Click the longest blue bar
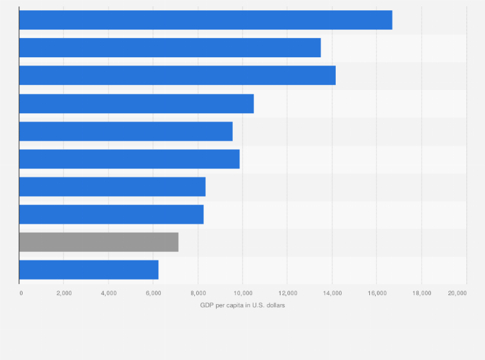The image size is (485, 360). coord(205,20)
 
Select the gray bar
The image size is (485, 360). coord(98,242)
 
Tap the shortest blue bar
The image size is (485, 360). coord(89,270)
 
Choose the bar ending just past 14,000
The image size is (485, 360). coord(177,75)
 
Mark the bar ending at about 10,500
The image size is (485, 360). coord(136,104)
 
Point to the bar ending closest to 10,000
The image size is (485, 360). coord(129,159)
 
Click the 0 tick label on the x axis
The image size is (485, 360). coord(21,293)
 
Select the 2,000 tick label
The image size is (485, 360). coord(64,293)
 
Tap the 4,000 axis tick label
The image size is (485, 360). coord(108,293)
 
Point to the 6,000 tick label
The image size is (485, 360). coord(153,293)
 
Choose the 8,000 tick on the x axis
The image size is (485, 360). coord(197,293)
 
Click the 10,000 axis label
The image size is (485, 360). coord(243,293)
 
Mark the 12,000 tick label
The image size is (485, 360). coord(287,293)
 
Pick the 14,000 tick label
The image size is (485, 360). coord(332,293)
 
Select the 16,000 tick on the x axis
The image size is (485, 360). coord(376,293)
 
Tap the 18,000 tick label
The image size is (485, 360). coord(421,293)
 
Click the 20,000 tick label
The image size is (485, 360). coord(457,293)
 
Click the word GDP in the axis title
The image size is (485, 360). coord(207,305)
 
